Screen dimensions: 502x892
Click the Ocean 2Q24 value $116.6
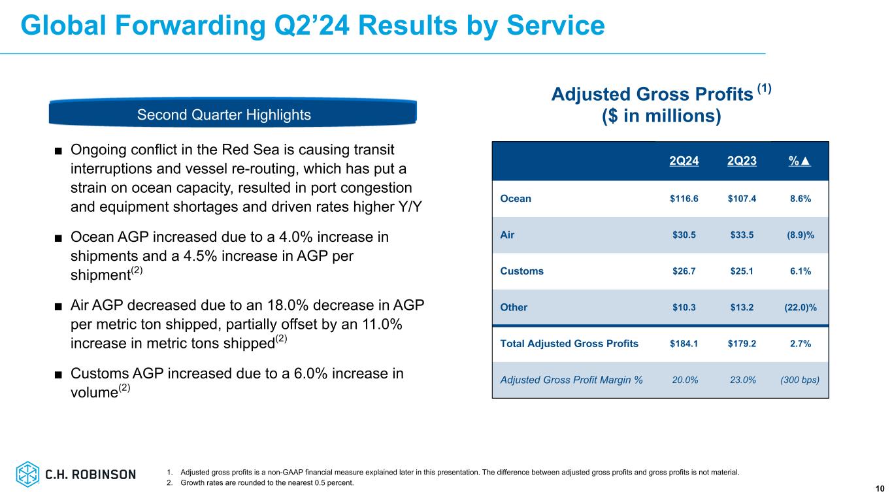click(x=684, y=199)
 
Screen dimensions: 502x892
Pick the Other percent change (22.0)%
click(x=799, y=307)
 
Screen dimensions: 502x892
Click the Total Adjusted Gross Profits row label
click(x=569, y=344)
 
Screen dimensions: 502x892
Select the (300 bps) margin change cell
click(x=799, y=380)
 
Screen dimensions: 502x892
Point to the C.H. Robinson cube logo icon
click(x=28, y=474)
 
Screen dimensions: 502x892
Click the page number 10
click(x=880, y=488)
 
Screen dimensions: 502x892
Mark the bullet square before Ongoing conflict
click(x=58, y=151)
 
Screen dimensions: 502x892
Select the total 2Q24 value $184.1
click(x=684, y=344)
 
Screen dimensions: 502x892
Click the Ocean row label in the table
click(x=516, y=199)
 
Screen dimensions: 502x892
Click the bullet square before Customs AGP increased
click(x=58, y=375)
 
